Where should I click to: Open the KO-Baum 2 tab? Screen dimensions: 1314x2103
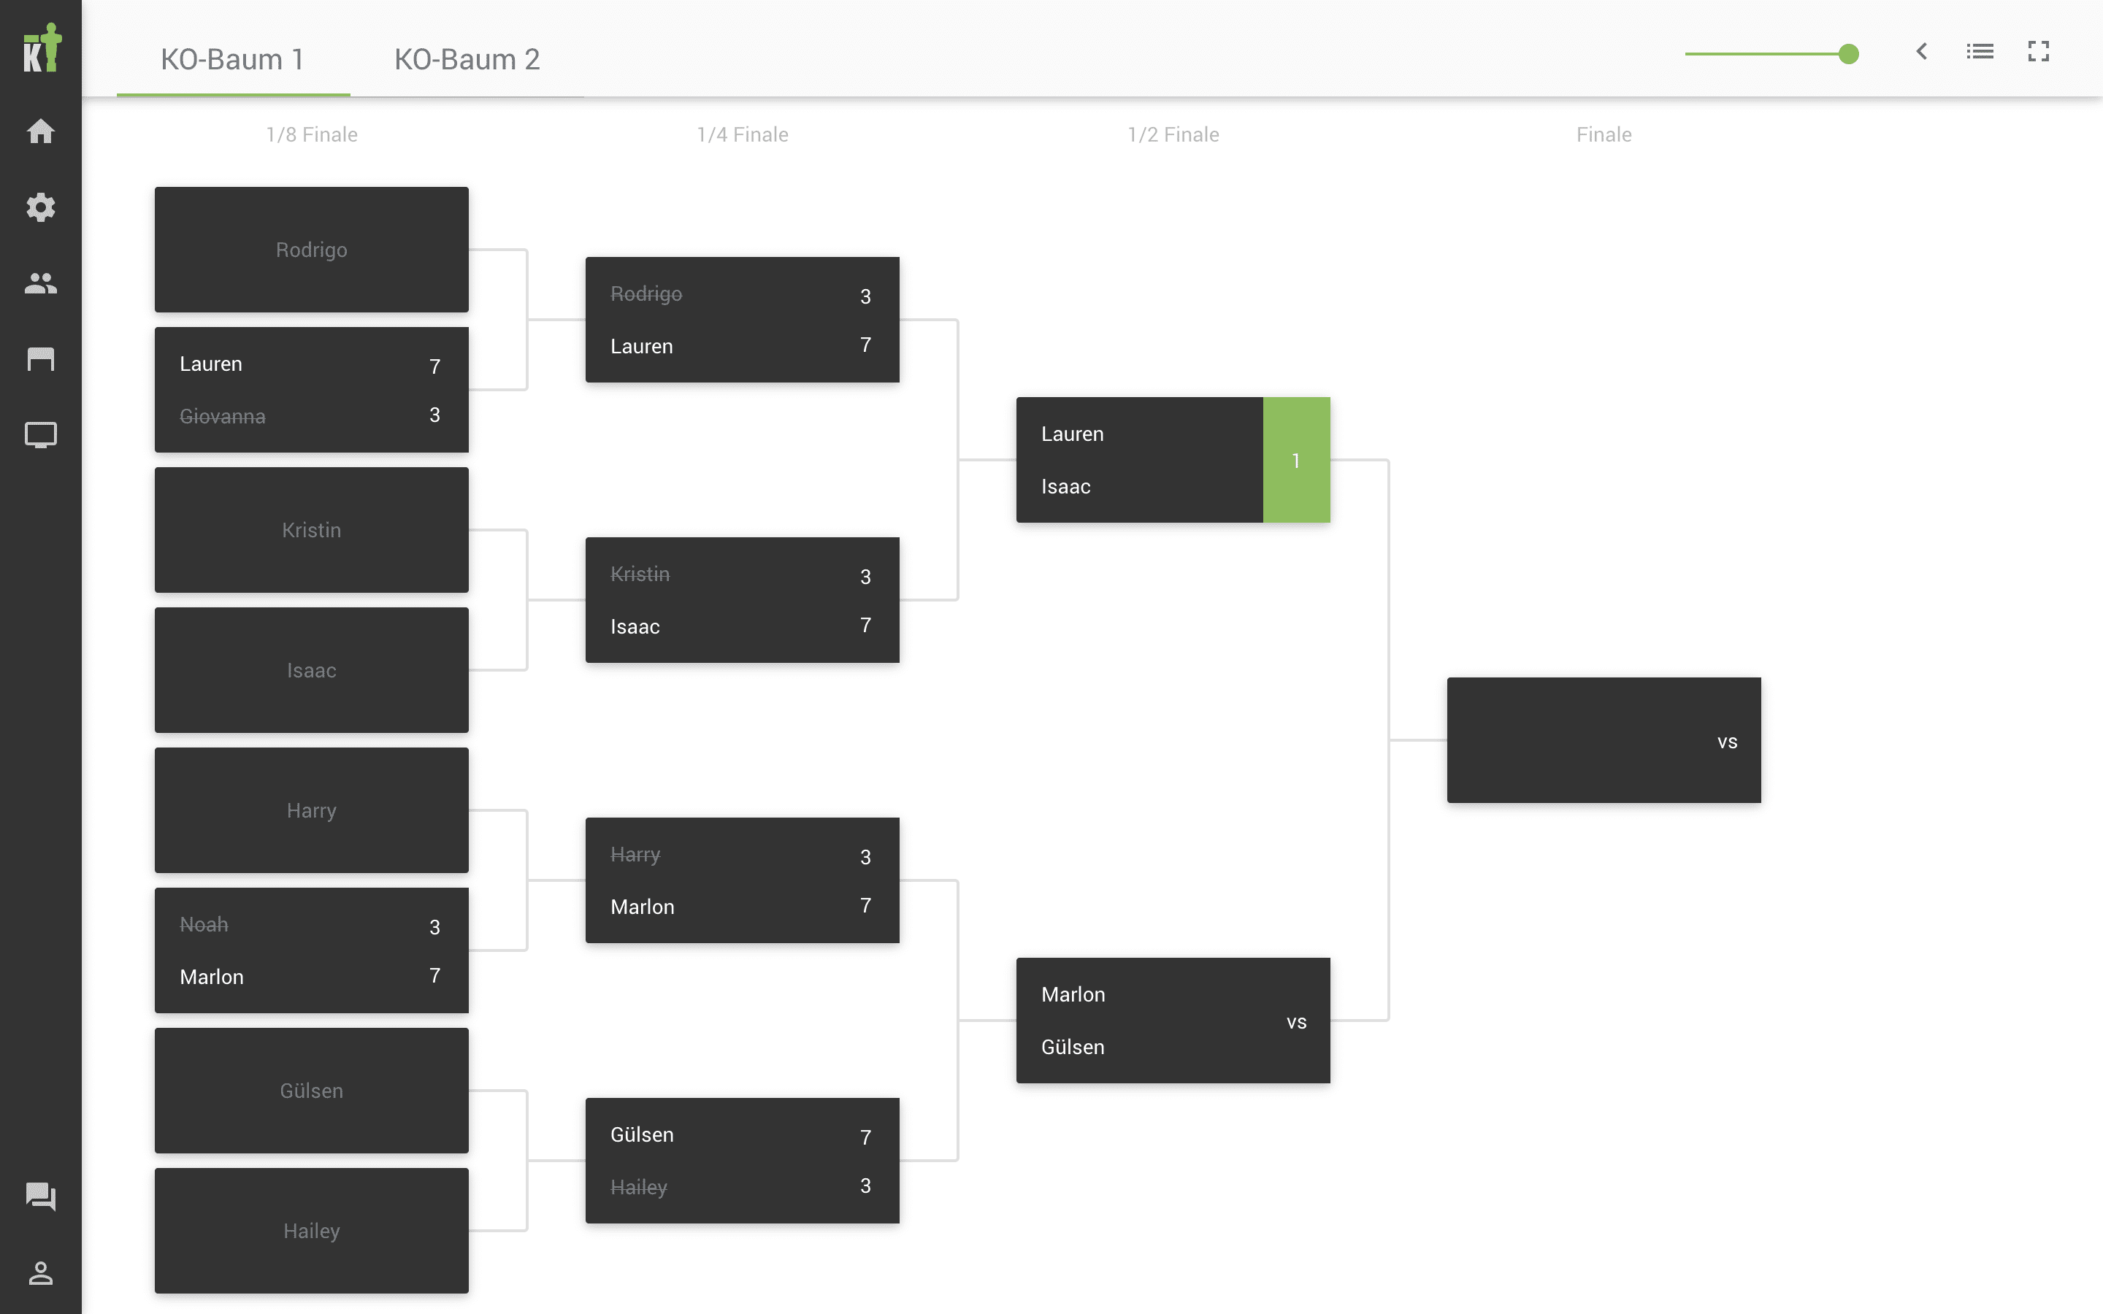pyautogui.click(x=467, y=59)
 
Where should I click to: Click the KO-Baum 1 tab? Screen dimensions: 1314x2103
pyautogui.click(x=232, y=59)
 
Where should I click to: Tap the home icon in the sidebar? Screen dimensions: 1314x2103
pyautogui.click(x=41, y=131)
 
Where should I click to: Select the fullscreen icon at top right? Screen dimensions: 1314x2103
pyautogui.click(x=2038, y=52)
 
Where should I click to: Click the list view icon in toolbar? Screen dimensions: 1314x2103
pyautogui.click(x=1980, y=52)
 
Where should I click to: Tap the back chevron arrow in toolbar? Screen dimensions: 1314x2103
pyautogui.click(x=1921, y=52)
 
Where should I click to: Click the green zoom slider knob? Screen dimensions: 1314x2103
pyautogui.click(x=1848, y=54)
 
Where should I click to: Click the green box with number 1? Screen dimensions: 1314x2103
pyautogui.click(x=1295, y=461)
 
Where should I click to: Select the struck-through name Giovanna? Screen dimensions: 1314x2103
pyautogui.click(x=223, y=417)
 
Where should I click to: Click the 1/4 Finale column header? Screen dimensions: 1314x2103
pyautogui.click(x=742, y=135)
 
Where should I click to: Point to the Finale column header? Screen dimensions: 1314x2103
pyautogui.click(x=1604, y=135)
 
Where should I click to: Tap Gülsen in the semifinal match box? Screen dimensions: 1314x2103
pyautogui.click(x=1073, y=1048)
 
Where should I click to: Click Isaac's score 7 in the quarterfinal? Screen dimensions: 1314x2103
pyautogui.click(x=865, y=626)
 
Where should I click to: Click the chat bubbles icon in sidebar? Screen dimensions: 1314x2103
pyautogui.click(x=41, y=1196)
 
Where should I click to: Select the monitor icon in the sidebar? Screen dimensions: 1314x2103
pyautogui.click(x=41, y=434)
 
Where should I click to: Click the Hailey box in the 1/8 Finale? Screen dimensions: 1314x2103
pyautogui.click(x=311, y=1231)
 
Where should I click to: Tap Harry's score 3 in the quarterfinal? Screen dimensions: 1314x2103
pyautogui.click(x=865, y=857)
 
